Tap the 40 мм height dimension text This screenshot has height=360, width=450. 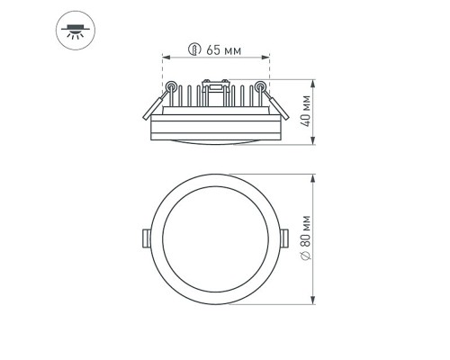306,110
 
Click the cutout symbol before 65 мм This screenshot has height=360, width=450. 194,49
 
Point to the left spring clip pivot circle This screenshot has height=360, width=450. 168,86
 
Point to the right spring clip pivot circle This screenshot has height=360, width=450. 261,86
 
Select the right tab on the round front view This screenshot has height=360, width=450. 285,237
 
